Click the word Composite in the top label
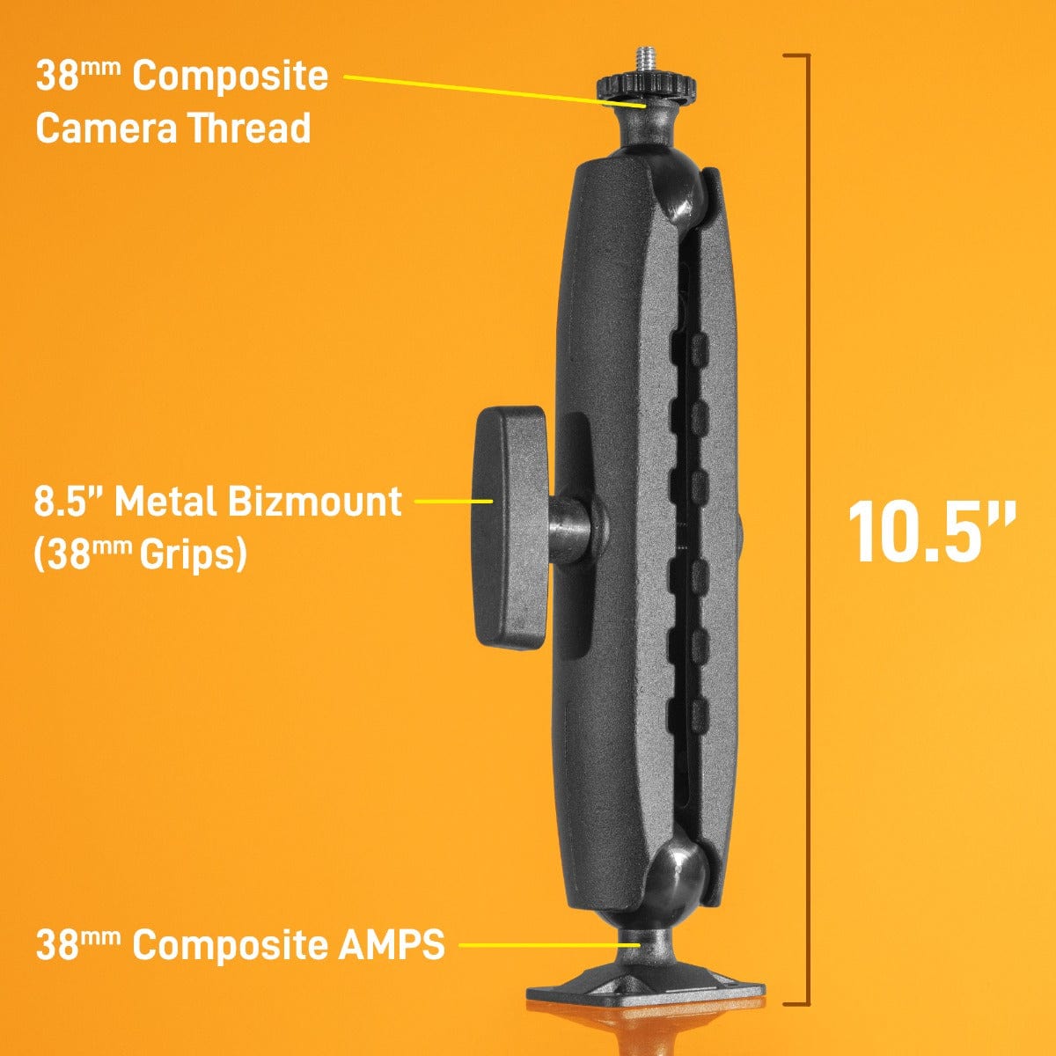230,76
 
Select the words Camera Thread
173,128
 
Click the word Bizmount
314,502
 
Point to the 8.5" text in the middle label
69,502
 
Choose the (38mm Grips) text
140,554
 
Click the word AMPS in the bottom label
391,945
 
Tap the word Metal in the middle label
165,502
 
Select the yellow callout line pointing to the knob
452,501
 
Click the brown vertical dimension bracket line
807,528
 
